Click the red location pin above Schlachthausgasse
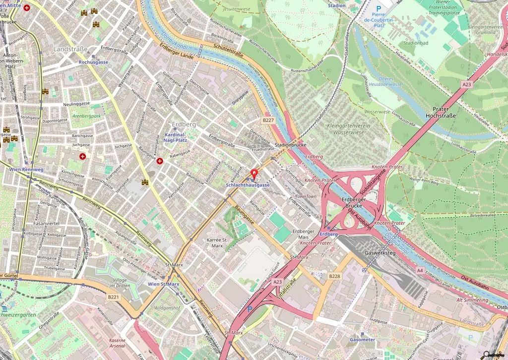[255, 174]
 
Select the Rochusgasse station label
[93, 62]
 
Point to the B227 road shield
[268, 120]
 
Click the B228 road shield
[335, 276]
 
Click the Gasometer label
[363, 340]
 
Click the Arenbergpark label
[86, 116]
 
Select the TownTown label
[306, 196]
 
